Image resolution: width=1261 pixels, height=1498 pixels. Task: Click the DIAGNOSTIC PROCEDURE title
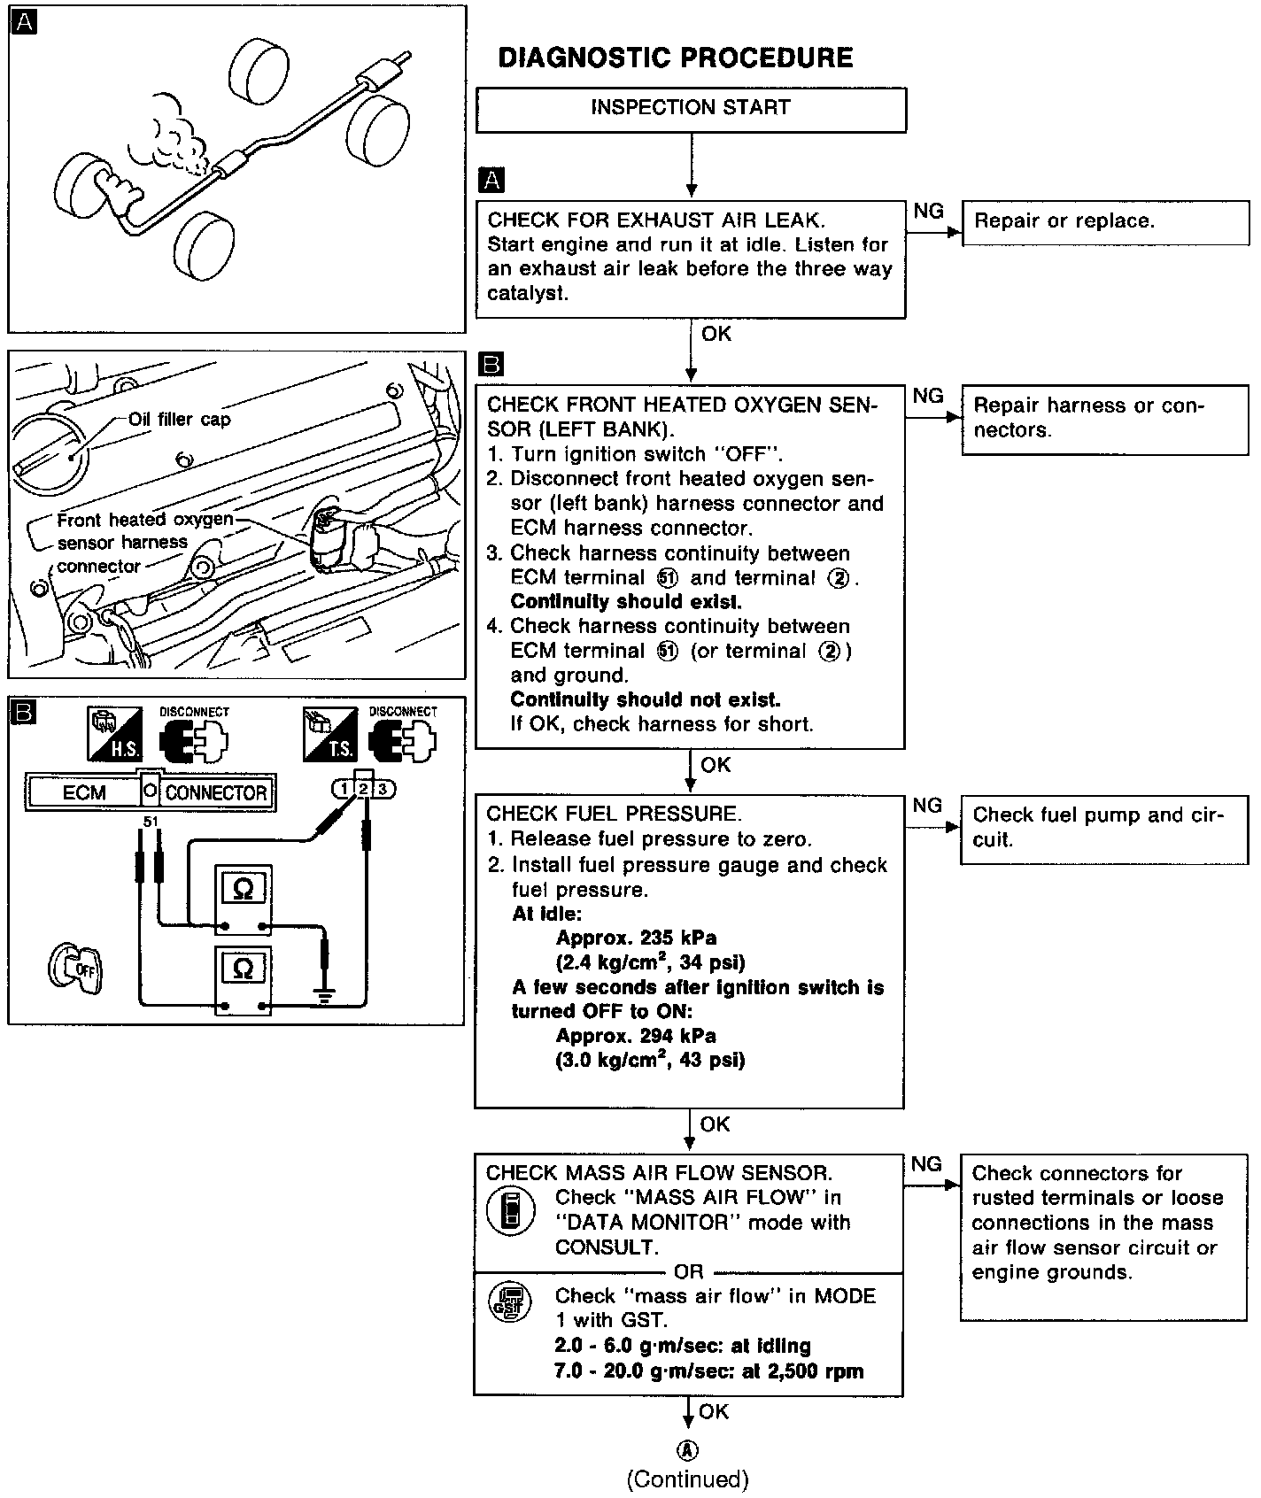pos(676,58)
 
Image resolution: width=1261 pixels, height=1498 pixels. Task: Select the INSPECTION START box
pos(691,109)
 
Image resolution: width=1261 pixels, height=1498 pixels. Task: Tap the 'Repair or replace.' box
pos(1104,222)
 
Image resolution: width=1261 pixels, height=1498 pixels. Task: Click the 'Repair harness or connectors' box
pos(1104,419)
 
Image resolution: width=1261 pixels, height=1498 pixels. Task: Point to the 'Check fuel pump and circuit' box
pos(1103,828)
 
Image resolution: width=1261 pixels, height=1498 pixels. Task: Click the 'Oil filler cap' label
pos(179,419)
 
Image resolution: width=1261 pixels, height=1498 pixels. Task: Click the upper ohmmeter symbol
pos(244,891)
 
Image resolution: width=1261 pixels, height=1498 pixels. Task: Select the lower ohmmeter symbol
pos(244,969)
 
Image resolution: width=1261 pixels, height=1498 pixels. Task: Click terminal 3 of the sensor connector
pos(382,789)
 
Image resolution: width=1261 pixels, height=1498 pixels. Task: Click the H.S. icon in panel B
pos(113,733)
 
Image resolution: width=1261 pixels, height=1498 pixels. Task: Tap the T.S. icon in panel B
pos(329,733)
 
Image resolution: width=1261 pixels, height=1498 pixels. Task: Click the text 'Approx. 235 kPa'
pos(636,938)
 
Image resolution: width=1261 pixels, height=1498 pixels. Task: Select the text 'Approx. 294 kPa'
pos(636,1036)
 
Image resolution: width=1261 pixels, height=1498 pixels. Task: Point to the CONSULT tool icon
pos(511,1210)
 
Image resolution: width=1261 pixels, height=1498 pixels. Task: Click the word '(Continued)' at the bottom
pos(688,1479)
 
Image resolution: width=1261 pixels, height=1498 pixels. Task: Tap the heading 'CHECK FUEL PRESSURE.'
pos(614,814)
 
